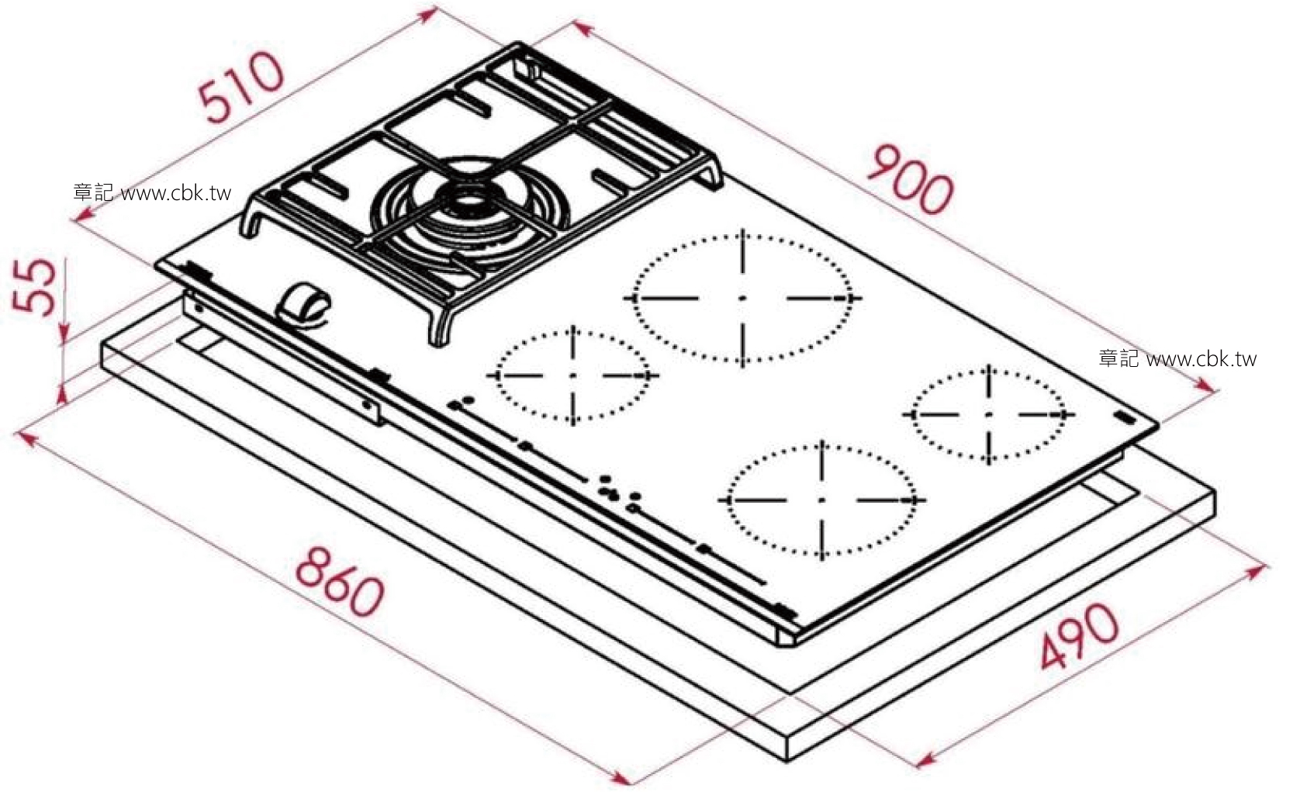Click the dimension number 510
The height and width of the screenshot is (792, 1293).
coord(241,87)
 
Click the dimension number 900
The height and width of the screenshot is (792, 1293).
coord(911,179)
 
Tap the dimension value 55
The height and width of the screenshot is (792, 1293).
coord(35,286)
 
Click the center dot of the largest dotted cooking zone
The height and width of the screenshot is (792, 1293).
coord(743,298)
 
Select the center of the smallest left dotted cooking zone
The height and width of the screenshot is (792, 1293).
coord(573,375)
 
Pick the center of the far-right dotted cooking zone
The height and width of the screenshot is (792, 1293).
coord(989,414)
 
